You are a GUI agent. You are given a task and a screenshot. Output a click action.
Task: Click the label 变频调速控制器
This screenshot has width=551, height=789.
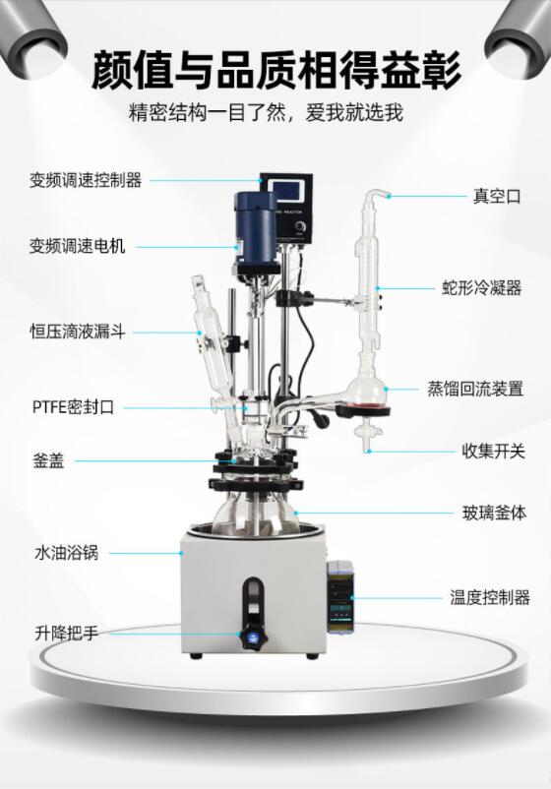point(86,180)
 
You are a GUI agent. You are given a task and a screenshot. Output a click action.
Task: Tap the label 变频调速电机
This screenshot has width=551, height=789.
point(77,246)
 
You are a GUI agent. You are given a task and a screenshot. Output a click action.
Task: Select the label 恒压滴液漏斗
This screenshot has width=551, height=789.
point(78,333)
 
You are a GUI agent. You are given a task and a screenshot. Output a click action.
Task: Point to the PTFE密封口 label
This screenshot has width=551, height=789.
point(74,406)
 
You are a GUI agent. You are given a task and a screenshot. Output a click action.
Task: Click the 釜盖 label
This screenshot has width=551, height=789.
point(49,460)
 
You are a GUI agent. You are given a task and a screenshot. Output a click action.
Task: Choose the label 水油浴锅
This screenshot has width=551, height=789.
point(67,553)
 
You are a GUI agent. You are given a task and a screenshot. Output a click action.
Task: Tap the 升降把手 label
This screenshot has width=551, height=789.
point(67,633)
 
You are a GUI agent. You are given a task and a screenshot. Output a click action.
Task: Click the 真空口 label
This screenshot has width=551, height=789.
point(497,196)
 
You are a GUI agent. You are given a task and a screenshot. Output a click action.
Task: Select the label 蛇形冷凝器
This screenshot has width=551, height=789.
point(481,288)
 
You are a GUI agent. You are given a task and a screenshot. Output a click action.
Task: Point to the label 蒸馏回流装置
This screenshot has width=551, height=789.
point(475,389)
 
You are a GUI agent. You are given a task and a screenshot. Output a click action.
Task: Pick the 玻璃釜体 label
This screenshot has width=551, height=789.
point(494,513)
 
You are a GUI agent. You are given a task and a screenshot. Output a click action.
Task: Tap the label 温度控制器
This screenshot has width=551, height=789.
point(490,598)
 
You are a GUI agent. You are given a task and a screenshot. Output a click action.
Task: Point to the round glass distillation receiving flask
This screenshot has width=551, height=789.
point(369,389)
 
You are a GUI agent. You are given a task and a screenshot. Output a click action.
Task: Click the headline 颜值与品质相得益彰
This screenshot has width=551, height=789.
point(275,70)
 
